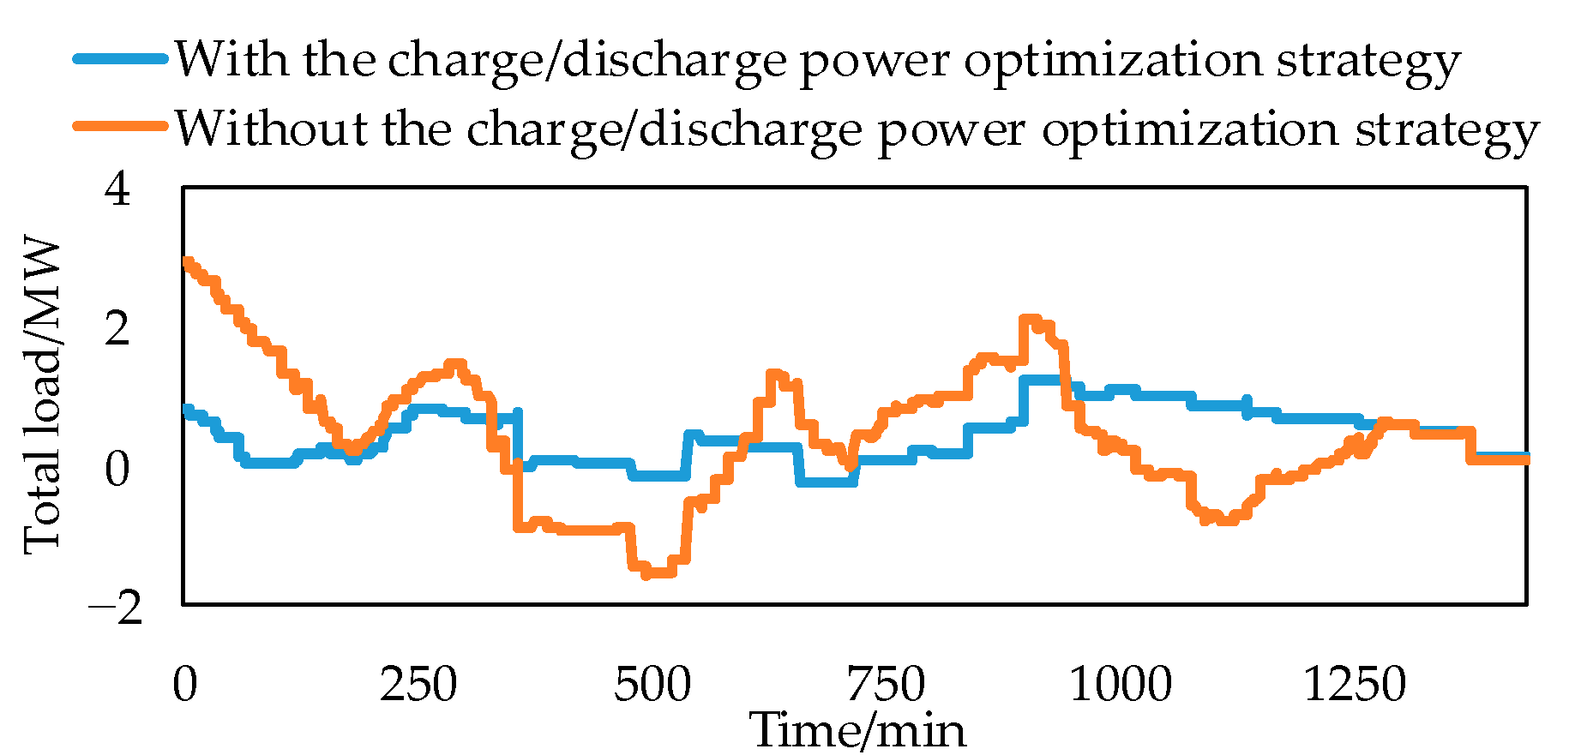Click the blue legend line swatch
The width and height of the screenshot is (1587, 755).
[120, 59]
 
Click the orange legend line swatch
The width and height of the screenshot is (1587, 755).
[120, 127]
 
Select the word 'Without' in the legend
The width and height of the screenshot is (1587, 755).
[271, 129]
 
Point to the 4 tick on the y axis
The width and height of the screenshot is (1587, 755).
[117, 189]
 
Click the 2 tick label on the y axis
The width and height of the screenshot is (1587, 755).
[117, 328]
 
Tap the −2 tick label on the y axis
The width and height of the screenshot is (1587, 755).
[115, 608]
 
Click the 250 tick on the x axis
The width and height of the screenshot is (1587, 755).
[418, 684]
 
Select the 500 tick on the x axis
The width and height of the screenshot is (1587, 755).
[652, 684]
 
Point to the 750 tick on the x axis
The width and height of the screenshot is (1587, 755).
[886, 684]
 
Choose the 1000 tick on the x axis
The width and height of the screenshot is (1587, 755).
[1120, 684]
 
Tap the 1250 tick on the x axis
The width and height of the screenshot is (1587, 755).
[1354, 684]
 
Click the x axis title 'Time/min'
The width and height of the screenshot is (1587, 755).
[857, 730]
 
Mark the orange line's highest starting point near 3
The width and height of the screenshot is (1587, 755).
[188, 262]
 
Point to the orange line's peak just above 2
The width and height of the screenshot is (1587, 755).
[1030, 320]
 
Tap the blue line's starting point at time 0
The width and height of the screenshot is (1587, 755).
[187, 410]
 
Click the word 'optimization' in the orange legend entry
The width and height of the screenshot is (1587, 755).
[1190, 129]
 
